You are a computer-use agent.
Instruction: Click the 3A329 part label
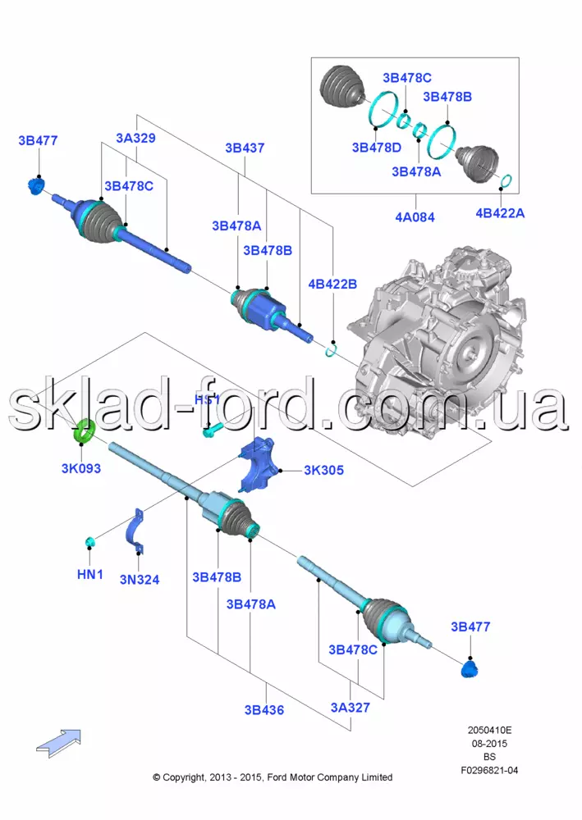(x=135, y=139)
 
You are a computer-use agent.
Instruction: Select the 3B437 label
(x=245, y=148)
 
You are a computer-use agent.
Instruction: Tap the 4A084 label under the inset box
(x=415, y=217)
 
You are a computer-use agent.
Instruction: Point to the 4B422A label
(x=500, y=213)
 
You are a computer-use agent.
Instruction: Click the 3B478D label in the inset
(x=376, y=148)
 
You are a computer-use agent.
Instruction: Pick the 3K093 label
(x=81, y=469)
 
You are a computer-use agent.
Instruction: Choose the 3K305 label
(x=323, y=471)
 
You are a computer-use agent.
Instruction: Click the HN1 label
(x=89, y=576)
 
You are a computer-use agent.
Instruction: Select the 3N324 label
(x=140, y=580)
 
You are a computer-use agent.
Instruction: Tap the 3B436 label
(x=264, y=710)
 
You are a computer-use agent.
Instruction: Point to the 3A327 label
(x=351, y=708)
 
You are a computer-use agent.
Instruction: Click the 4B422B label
(x=332, y=284)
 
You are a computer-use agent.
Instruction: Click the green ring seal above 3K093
(x=84, y=431)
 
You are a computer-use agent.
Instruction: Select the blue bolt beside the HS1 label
(x=211, y=429)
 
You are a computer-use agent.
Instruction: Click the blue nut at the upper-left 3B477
(x=36, y=187)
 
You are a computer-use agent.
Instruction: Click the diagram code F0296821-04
(x=489, y=770)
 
